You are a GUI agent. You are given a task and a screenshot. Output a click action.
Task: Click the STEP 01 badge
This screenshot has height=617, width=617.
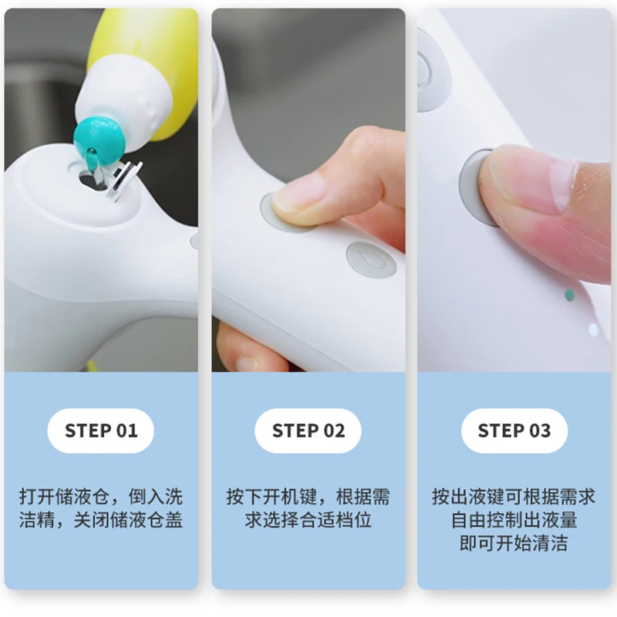[101, 430]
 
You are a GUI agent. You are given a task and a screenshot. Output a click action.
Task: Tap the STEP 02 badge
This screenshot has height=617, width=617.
[308, 430]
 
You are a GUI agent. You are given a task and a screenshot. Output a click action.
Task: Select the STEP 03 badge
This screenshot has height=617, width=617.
[514, 430]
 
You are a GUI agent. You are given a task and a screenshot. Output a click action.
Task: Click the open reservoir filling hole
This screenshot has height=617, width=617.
[91, 179]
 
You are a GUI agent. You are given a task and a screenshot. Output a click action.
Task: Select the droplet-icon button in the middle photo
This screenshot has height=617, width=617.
[372, 260]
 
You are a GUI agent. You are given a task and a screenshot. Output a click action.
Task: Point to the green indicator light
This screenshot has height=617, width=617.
[569, 295]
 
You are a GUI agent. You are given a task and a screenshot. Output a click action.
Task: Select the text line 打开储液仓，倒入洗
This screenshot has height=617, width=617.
[101, 497]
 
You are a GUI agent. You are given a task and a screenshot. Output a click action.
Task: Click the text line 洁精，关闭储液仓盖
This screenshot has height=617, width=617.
[101, 520]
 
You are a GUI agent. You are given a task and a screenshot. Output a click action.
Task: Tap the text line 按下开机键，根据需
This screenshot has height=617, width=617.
[308, 497]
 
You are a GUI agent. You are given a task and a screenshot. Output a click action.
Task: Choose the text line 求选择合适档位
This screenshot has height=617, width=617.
[308, 520]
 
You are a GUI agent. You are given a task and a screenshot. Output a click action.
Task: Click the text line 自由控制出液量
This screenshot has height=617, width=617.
[514, 520]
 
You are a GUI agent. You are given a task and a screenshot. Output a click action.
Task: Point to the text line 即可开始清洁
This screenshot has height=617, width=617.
[514, 544]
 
